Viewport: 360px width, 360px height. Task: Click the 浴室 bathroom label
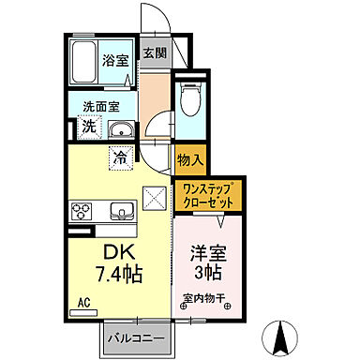[116, 58]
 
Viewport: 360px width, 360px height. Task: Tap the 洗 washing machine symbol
[86, 127]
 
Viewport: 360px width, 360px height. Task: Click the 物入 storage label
[190, 159]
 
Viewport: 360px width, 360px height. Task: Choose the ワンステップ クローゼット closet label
[208, 195]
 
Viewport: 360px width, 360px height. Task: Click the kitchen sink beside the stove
[119, 210]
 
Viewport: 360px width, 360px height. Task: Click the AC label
[82, 303]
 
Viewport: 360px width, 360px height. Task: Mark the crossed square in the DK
[154, 199]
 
